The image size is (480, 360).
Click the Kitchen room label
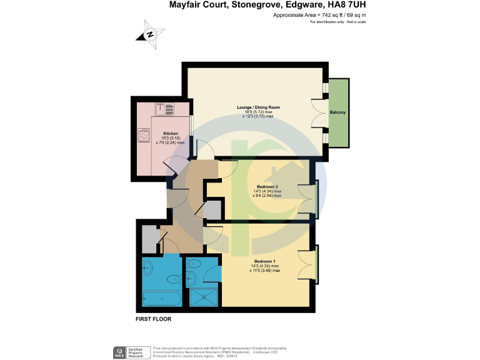(x=171, y=134)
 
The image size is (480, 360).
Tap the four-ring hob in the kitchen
(x=144, y=135)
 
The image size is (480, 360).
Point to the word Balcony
(x=338, y=112)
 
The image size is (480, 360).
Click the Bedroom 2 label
(x=267, y=186)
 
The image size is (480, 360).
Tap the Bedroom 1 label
(x=266, y=261)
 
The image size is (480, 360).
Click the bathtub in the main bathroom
(x=162, y=299)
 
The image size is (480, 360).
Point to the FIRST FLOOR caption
(x=154, y=319)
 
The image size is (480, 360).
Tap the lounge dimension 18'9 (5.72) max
(x=258, y=112)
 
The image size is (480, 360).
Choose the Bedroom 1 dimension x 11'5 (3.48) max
(x=265, y=270)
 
